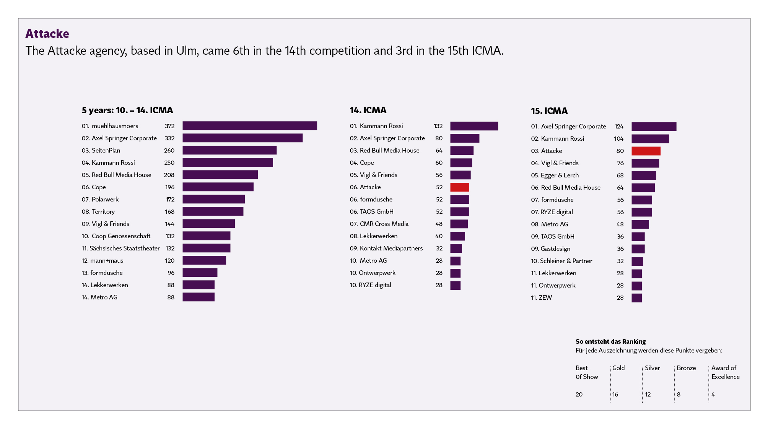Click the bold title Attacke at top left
tap(47, 34)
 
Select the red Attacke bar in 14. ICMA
tap(459, 187)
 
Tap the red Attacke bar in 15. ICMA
tap(646, 151)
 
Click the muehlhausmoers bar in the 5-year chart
tap(249, 126)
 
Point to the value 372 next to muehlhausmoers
tap(169, 126)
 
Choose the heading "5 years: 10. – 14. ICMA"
tap(127, 110)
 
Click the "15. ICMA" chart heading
tap(549, 111)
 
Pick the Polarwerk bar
tap(213, 199)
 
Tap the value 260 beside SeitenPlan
tap(169, 151)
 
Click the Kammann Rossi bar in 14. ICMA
tap(474, 126)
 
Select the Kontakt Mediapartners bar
tap(456, 249)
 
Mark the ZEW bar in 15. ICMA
tap(636, 298)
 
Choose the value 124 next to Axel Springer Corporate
tap(618, 127)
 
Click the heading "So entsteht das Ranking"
tap(610, 341)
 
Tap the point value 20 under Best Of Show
tap(579, 395)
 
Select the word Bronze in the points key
tap(686, 368)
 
